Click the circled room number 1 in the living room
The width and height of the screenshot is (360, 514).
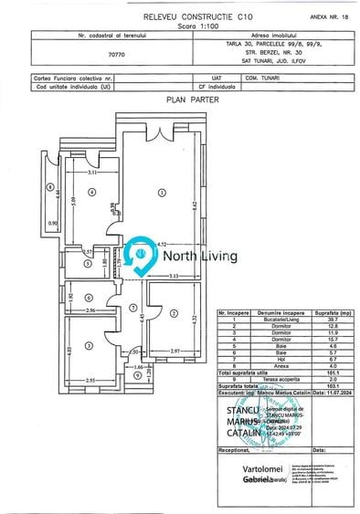click(161, 192)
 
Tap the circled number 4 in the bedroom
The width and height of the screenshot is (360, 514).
click(91, 193)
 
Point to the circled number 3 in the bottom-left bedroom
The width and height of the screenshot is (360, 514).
click(89, 345)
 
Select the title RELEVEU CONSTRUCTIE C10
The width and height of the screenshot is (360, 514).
click(179, 16)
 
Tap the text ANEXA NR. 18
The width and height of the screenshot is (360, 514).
click(326, 16)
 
